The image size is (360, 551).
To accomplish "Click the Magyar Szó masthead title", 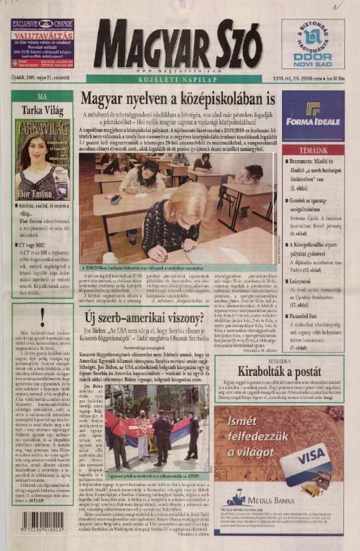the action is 178,44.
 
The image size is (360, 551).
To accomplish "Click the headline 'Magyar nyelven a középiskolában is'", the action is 178,99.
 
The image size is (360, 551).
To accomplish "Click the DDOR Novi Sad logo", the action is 312,44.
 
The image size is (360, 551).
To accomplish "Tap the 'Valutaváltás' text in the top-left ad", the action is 40,36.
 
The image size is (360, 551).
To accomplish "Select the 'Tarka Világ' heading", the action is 41,110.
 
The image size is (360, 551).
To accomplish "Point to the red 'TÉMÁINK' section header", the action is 313,150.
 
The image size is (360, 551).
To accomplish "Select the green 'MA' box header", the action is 42,97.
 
